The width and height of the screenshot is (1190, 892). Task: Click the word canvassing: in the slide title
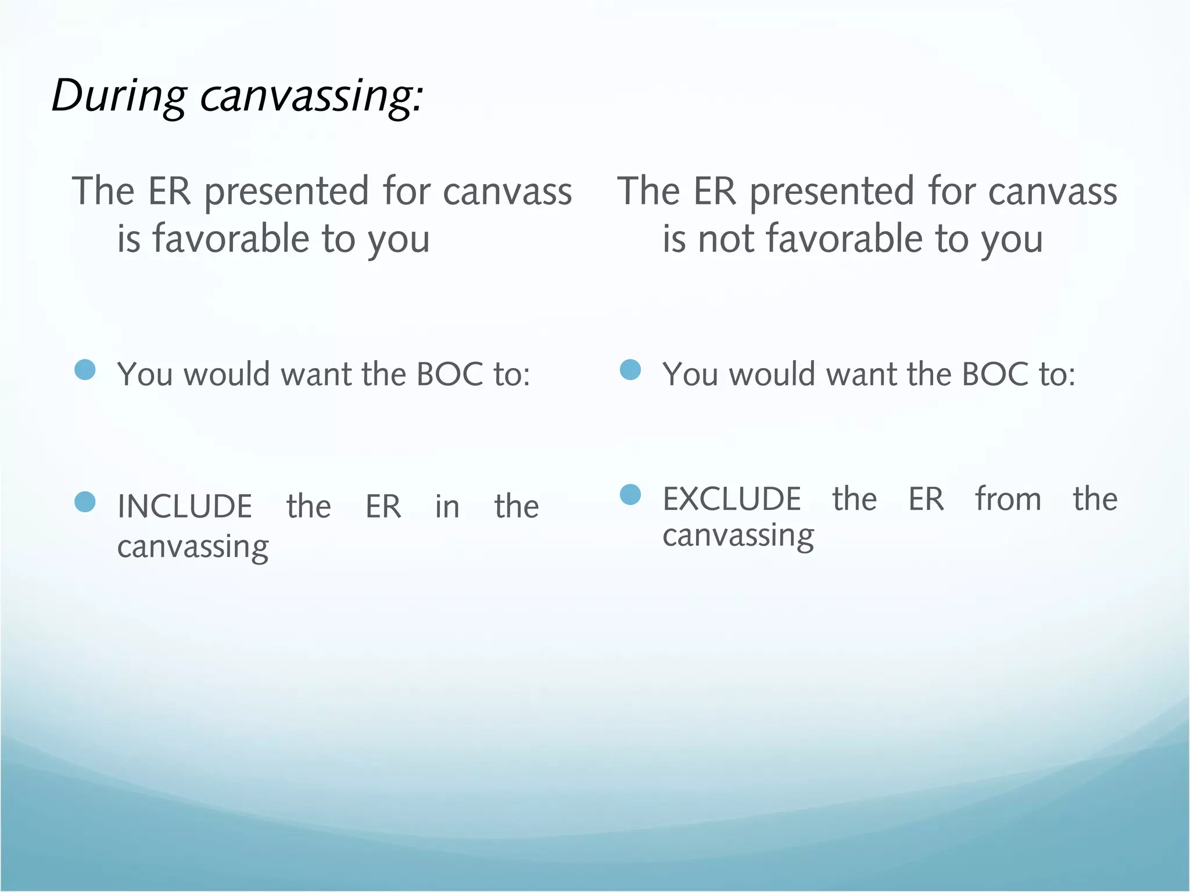pyautogui.click(x=312, y=96)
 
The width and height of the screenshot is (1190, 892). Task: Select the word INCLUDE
pyautogui.click(x=185, y=506)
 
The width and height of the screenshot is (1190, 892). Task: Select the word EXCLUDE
pyautogui.click(x=732, y=499)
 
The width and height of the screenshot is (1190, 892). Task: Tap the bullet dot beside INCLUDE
pyautogui.click(x=85, y=502)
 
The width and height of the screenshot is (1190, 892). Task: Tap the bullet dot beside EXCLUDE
pyautogui.click(x=630, y=495)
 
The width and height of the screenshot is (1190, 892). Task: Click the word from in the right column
pyautogui.click(x=1008, y=499)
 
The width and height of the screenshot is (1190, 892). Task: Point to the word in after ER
pyautogui.click(x=447, y=506)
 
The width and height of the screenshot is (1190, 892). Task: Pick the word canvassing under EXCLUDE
pyautogui.click(x=738, y=536)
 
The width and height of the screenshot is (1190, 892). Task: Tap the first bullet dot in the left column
pyautogui.click(x=85, y=370)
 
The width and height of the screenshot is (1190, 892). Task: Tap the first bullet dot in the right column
pyautogui.click(x=630, y=370)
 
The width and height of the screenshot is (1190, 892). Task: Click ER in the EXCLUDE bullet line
pyautogui.click(x=926, y=499)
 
